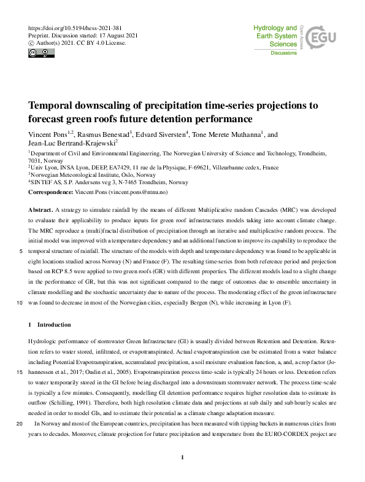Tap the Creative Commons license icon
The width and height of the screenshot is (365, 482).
(x=39, y=53)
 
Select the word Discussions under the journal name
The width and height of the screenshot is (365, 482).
(x=283, y=53)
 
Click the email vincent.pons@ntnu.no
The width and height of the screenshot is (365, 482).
(x=140, y=192)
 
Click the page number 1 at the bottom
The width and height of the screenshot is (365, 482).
(x=183, y=457)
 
